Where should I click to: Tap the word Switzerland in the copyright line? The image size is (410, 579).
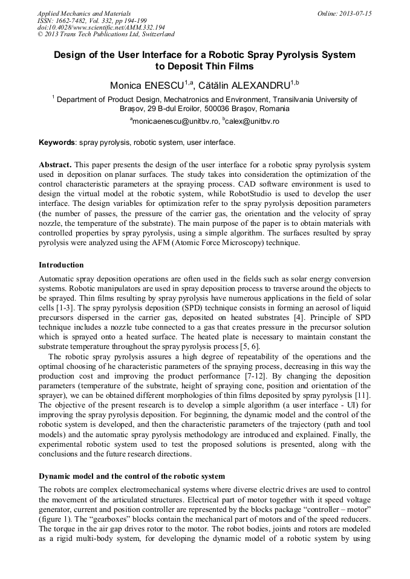tap(155, 35)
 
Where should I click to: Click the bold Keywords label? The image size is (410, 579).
tap(57, 143)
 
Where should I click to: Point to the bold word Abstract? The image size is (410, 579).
tap(55, 165)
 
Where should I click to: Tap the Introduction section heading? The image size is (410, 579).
tap(61, 265)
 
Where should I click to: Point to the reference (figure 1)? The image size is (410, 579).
tap(56, 519)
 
